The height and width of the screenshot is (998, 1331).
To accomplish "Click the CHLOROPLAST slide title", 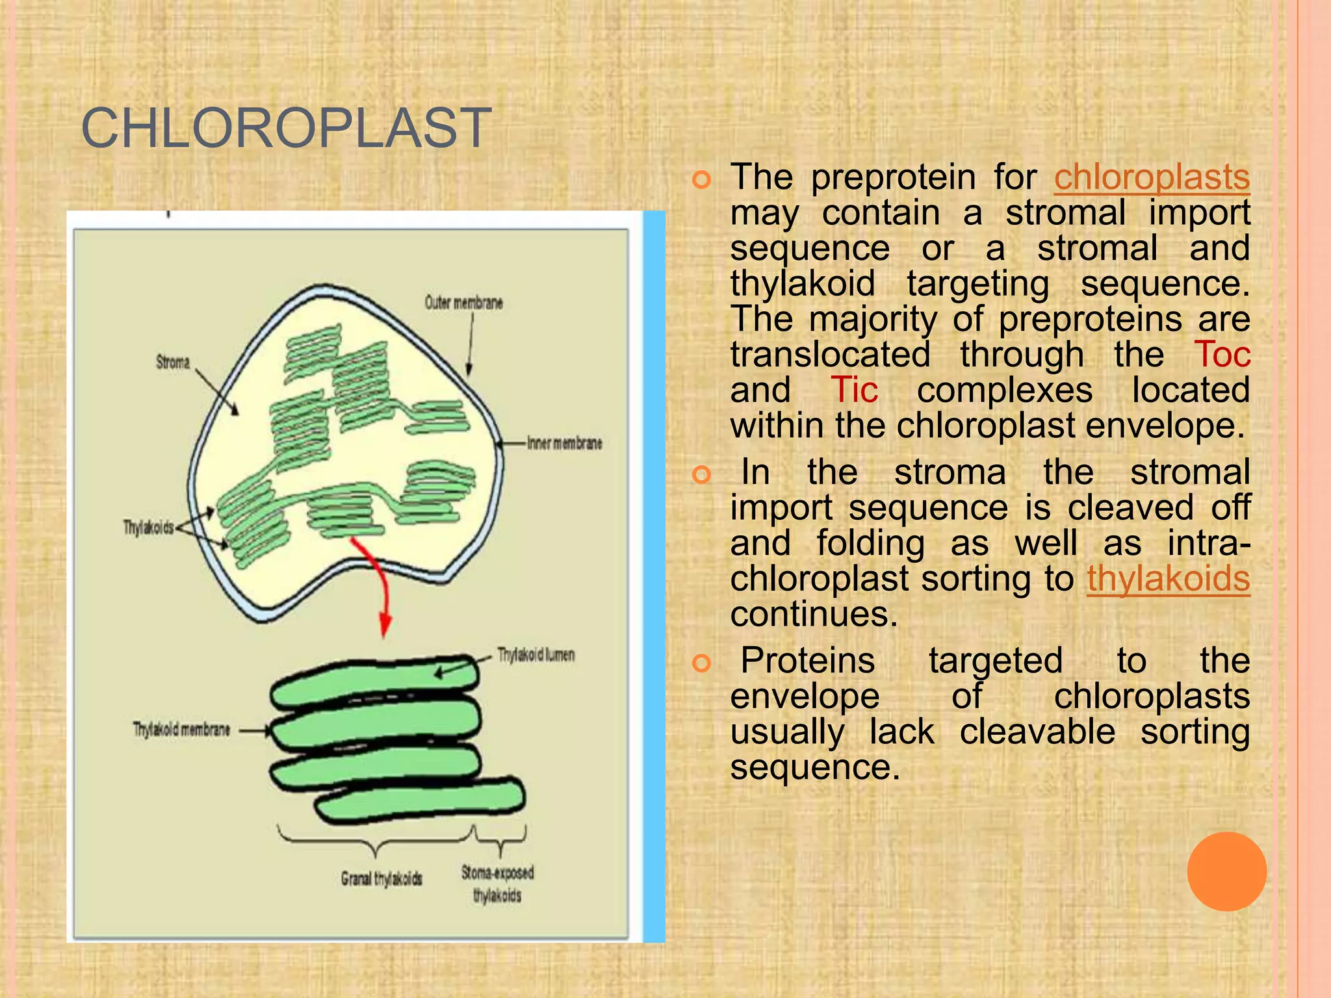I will pos(286,128).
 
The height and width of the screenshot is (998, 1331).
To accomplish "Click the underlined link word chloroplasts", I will pos(1152,177).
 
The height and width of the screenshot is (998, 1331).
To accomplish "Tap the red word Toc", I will pos(1222,355).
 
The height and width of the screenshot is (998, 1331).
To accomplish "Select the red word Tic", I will pos(855,390).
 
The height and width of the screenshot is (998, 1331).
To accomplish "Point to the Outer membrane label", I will pos(463,303).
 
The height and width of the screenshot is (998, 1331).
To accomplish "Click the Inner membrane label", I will pos(564,443).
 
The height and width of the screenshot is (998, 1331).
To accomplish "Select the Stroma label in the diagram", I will pos(173,362).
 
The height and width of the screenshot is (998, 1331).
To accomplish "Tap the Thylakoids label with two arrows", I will pos(149,527).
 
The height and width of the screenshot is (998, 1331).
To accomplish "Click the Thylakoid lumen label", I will pos(536,654).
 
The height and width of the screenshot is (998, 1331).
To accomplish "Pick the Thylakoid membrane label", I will pos(181,730).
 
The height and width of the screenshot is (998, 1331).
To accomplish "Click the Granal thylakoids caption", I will pos(381,879).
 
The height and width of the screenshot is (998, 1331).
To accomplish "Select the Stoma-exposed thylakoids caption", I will pos(497,884).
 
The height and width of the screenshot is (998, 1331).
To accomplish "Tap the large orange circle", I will pos(1226,871).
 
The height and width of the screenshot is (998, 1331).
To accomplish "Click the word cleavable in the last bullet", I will pos(1037,732).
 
